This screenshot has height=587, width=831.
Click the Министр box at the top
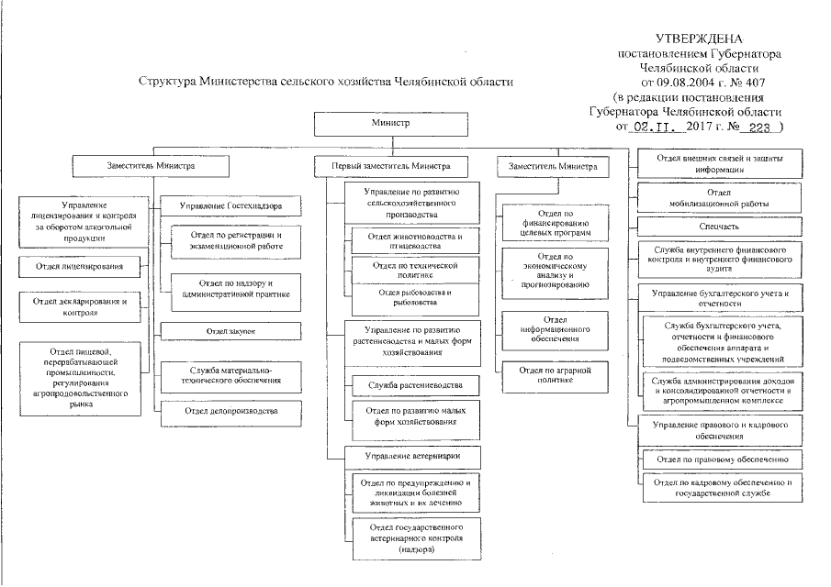click(391, 124)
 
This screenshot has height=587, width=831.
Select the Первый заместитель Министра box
click(391, 166)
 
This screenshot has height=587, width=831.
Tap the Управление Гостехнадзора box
click(230, 205)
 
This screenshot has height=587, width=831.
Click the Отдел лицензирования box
click(80, 267)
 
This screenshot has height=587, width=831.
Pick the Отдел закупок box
click(230, 331)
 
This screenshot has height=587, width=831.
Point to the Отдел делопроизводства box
click(231, 414)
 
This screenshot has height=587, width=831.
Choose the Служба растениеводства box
click(415, 385)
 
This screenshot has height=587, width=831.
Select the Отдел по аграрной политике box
click(555, 376)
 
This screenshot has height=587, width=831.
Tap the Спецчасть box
click(719, 227)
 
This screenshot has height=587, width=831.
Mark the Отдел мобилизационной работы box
click(719, 198)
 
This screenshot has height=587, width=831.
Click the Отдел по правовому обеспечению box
click(723, 460)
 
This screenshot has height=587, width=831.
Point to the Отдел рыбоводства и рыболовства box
click(415, 298)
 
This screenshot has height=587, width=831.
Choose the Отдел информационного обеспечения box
click(555, 330)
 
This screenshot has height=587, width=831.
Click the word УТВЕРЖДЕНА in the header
click(700, 39)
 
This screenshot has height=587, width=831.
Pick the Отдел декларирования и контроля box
click(80, 307)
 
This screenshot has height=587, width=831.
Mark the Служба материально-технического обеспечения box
click(231, 376)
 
